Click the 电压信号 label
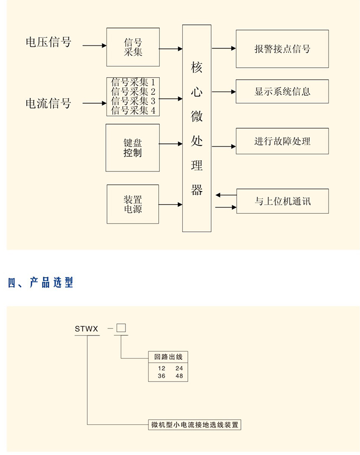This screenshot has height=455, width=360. tap(48, 42)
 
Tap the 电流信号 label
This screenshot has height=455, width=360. tap(48, 103)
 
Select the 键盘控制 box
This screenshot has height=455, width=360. tap(132, 148)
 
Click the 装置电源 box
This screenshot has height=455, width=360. tap(132, 204)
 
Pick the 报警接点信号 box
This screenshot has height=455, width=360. tap(282, 49)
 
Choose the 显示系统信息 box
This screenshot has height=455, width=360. tap(282, 92)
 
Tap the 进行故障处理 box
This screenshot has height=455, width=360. tap(282, 141)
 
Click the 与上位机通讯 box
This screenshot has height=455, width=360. tap(282, 201)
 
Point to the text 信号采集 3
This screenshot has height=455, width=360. tap(133, 101)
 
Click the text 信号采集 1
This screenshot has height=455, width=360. tap(133, 83)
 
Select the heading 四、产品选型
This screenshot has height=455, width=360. tap(41, 283)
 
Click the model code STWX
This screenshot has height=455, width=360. tap(86, 329)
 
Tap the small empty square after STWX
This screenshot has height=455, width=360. tap(121, 329)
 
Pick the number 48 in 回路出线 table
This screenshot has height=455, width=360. tap(179, 376)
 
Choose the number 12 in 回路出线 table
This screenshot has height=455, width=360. tap(161, 368)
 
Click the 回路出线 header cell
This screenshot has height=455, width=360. tap(168, 357)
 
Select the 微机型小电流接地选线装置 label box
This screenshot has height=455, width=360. tap(195, 424)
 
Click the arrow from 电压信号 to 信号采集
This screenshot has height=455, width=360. tap(94, 46)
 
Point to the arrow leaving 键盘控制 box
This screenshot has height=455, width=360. tap(170, 144)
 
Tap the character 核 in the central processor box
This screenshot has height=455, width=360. tap(197, 68)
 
